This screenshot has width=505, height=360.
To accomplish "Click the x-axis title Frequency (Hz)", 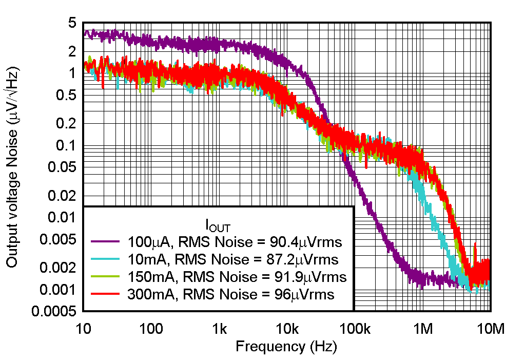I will [286, 347].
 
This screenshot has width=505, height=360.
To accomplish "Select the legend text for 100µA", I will [145, 240].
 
